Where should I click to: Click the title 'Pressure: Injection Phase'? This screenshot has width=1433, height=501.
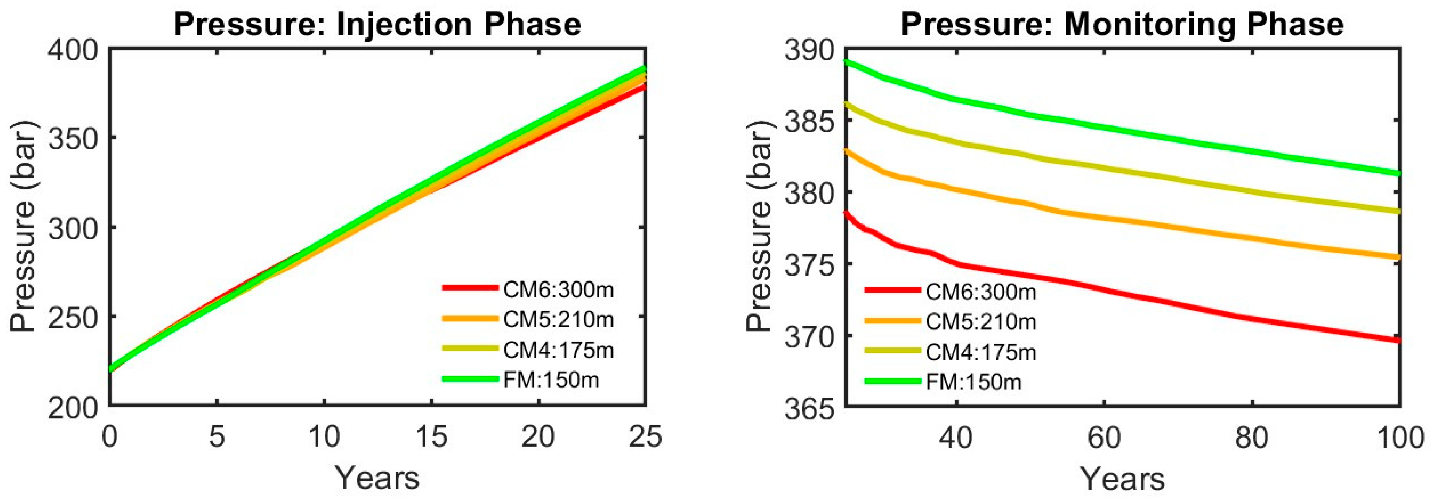pyautogui.click(x=377, y=24)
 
